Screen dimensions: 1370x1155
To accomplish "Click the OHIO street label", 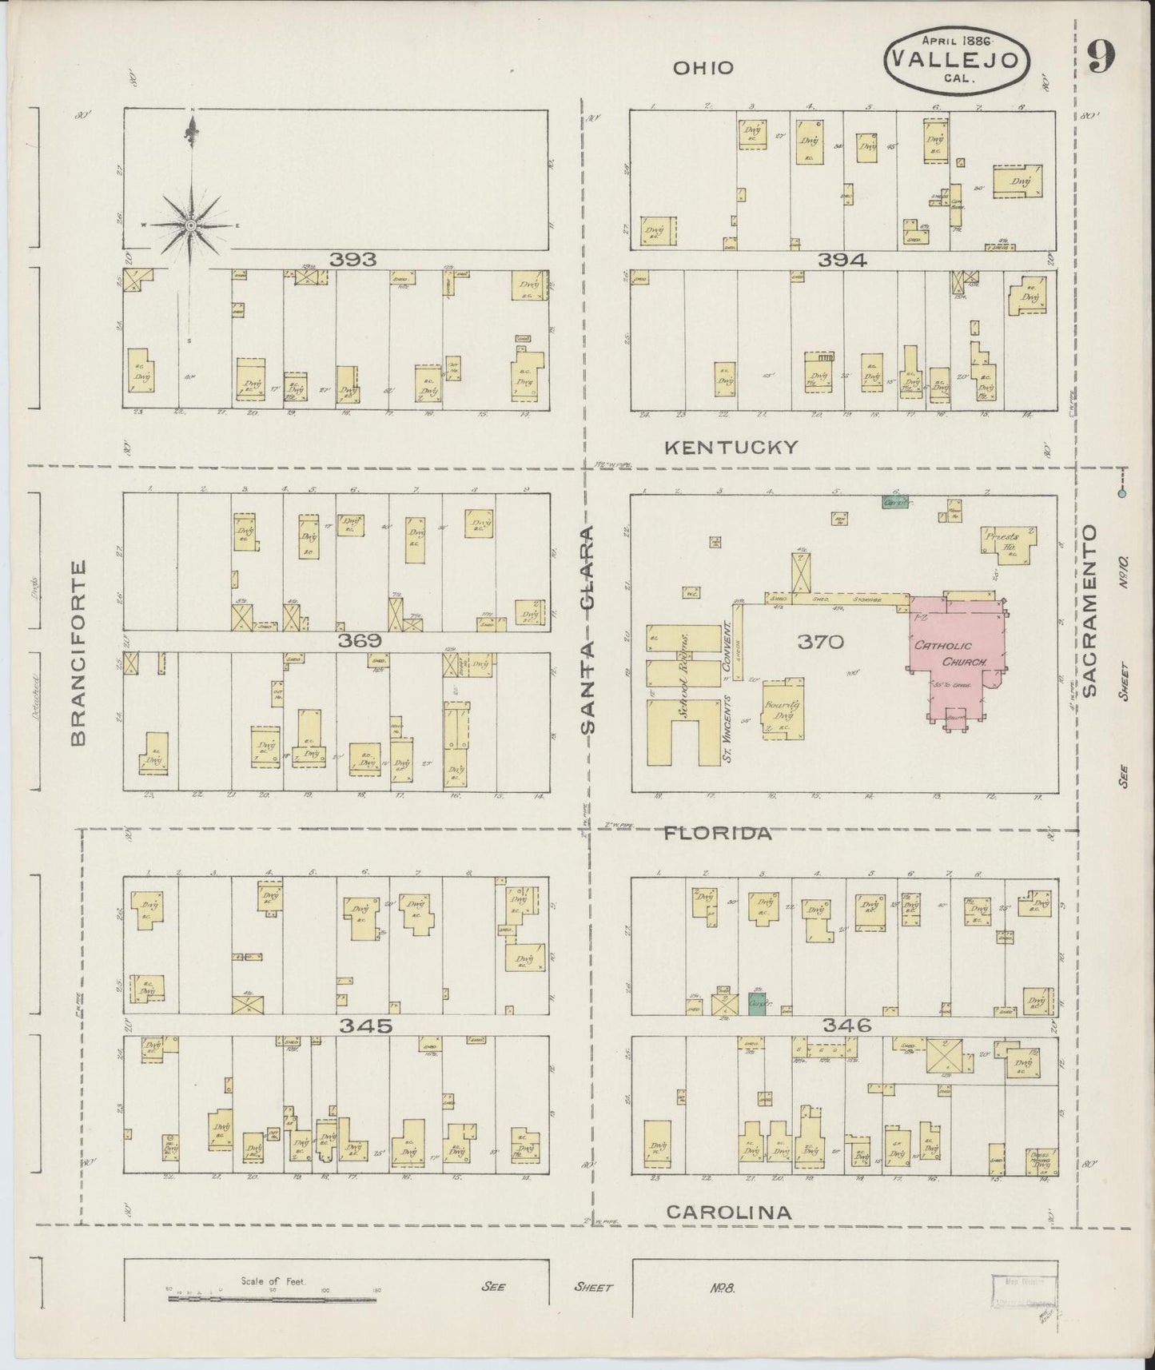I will coord(703,68).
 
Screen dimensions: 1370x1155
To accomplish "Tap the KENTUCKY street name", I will coord(731,448).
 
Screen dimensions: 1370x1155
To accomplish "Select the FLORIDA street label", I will coord(719,833).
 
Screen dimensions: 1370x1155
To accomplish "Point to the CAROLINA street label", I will coord(729,1212).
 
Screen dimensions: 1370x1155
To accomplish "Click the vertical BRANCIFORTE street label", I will coord(78,652).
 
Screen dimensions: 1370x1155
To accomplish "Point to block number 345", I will coord(365,1026).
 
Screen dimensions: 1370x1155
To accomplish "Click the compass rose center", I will coord(191,226).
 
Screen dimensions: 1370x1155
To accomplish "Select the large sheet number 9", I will coord(1101,56).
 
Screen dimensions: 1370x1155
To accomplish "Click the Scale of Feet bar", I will coord(272,1299).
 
